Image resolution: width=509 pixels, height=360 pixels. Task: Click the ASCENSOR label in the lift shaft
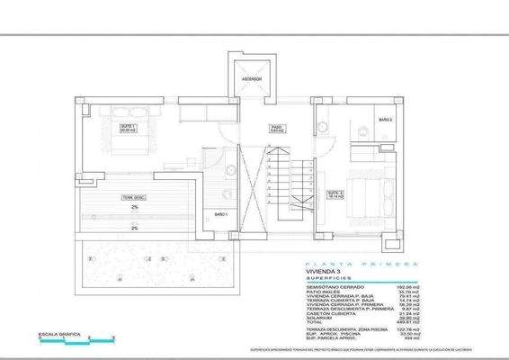250,79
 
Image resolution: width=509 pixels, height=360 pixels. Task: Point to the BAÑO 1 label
220,213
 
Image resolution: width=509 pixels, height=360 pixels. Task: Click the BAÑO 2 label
384,119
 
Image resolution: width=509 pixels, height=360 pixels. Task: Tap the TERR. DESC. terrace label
134,196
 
